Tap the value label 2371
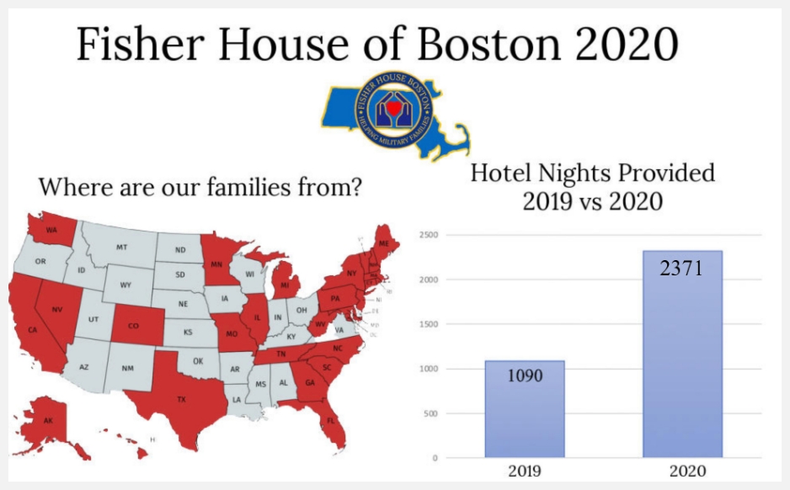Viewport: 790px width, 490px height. tap(681, 270)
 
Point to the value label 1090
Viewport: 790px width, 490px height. tap(524, 375)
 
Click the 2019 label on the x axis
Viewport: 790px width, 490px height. tap(524, 471)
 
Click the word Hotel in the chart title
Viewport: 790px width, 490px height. tap(503, 173)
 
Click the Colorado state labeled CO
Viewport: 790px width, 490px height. tap(133, 326)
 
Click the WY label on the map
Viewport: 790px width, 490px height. tap(125, 285)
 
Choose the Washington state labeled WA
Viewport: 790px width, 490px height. tap(50, 230)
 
